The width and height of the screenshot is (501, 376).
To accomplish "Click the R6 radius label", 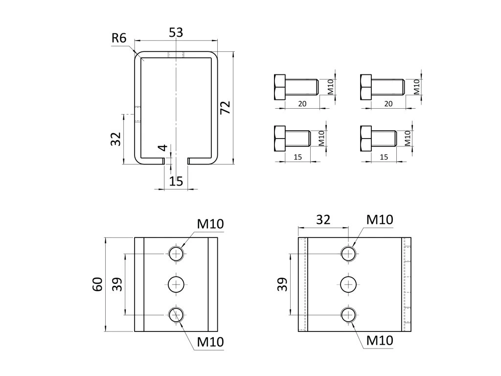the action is [x=118, y=38].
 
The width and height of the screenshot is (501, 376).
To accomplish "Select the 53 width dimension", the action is [x=176, y=33].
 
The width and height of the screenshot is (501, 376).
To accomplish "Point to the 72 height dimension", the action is [x=225, y=108].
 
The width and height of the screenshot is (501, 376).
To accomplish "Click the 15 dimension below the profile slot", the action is [x=176, y=181].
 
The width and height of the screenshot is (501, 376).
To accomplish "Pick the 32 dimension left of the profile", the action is [x=116, y=139].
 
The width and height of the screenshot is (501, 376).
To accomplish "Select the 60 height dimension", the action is [x=97, y=284].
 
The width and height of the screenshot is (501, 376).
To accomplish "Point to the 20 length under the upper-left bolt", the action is [x=302, y=103].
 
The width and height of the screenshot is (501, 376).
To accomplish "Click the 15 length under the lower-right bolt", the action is [x=384, y=157].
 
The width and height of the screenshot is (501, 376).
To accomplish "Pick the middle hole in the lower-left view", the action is [x=176, y=284].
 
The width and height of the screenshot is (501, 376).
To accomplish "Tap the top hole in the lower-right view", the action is [x=348, y=253].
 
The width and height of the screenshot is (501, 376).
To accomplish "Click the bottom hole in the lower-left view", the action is [x=176, y=314].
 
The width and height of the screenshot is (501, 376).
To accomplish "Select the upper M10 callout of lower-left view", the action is [x=210, y=224].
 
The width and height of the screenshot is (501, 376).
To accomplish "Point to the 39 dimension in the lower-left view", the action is [x=117, y=284].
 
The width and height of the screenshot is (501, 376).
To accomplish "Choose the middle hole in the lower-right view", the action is [x=348, y=284].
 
